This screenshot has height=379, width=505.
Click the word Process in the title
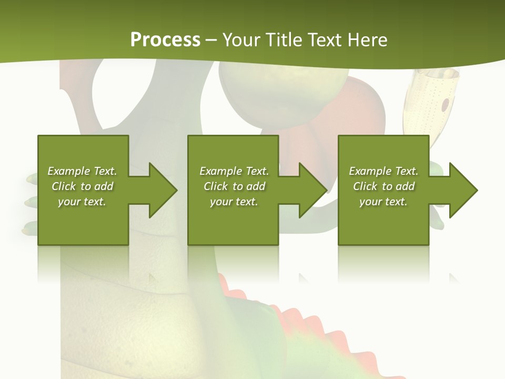point(165,40)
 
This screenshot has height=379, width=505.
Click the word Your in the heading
point(243,40)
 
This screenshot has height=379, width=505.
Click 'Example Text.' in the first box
point(82,171)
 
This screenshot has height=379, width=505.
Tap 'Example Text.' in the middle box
point(234,171)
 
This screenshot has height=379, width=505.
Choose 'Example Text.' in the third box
point(383,171)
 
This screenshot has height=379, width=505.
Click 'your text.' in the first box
point(82,202)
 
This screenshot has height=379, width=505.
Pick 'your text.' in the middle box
point(234,202)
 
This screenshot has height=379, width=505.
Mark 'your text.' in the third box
point(383,202)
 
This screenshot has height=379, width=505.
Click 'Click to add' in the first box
point(82,186)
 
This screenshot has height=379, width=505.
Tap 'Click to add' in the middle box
point(234,186)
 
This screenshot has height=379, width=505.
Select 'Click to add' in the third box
point(383,186)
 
